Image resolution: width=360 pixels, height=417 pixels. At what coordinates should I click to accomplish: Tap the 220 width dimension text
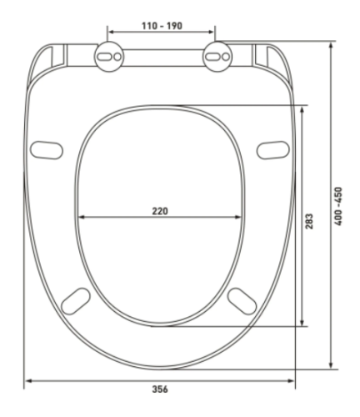pyautogui.click(x=159, y=210)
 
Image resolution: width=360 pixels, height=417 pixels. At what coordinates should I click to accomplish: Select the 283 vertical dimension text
pyautogui.click(x=310, y=220)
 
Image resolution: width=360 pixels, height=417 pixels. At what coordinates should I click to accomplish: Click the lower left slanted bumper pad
pyautogui.click(x=77, y=299)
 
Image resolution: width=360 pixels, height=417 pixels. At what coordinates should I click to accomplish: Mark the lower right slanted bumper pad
pyautogui.click(x=242, y=299)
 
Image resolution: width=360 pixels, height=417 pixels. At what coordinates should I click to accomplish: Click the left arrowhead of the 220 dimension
pyautogui.click(x=81, y=219)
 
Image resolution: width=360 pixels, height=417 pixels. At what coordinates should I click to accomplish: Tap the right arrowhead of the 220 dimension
pyautogui.click(x=241, y=219)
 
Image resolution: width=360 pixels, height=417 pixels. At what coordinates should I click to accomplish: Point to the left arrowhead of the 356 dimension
pyautogui.click(x=27, y=381)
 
